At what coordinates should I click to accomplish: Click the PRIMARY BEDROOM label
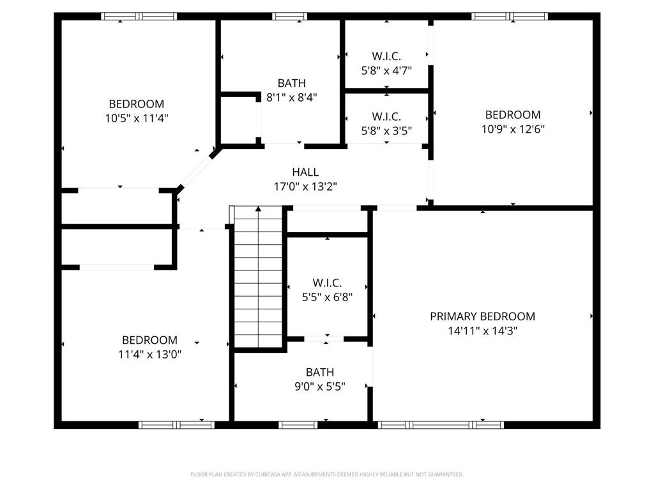[482, 316]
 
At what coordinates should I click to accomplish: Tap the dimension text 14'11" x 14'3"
[482, 331]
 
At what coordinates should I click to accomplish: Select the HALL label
[305, 172]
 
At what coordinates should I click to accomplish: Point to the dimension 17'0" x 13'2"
[305, 187]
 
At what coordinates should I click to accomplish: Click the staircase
[259, 278]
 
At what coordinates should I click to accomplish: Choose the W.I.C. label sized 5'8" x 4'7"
[386, 56]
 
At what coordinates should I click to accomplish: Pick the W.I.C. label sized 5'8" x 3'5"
[386, 116]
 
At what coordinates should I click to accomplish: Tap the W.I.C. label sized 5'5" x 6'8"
[327, 283]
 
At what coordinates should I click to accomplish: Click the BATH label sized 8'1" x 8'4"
[291, 83]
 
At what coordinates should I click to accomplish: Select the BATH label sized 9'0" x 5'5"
[319, 372]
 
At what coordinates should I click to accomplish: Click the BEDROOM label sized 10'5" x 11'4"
[136, 104]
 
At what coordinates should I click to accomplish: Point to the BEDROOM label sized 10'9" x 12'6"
[513, 115]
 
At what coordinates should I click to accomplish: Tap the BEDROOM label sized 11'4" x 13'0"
[149, 340]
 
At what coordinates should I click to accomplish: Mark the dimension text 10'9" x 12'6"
[513, 129]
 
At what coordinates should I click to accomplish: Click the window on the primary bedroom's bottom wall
[441, 425]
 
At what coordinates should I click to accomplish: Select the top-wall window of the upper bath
[289, 17]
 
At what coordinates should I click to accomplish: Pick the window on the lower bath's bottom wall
[298, 425]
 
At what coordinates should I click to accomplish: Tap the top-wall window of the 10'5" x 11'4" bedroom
[139, 17]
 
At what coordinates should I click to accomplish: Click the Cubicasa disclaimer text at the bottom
[327, 474]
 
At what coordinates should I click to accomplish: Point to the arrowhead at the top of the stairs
[259, 208]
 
